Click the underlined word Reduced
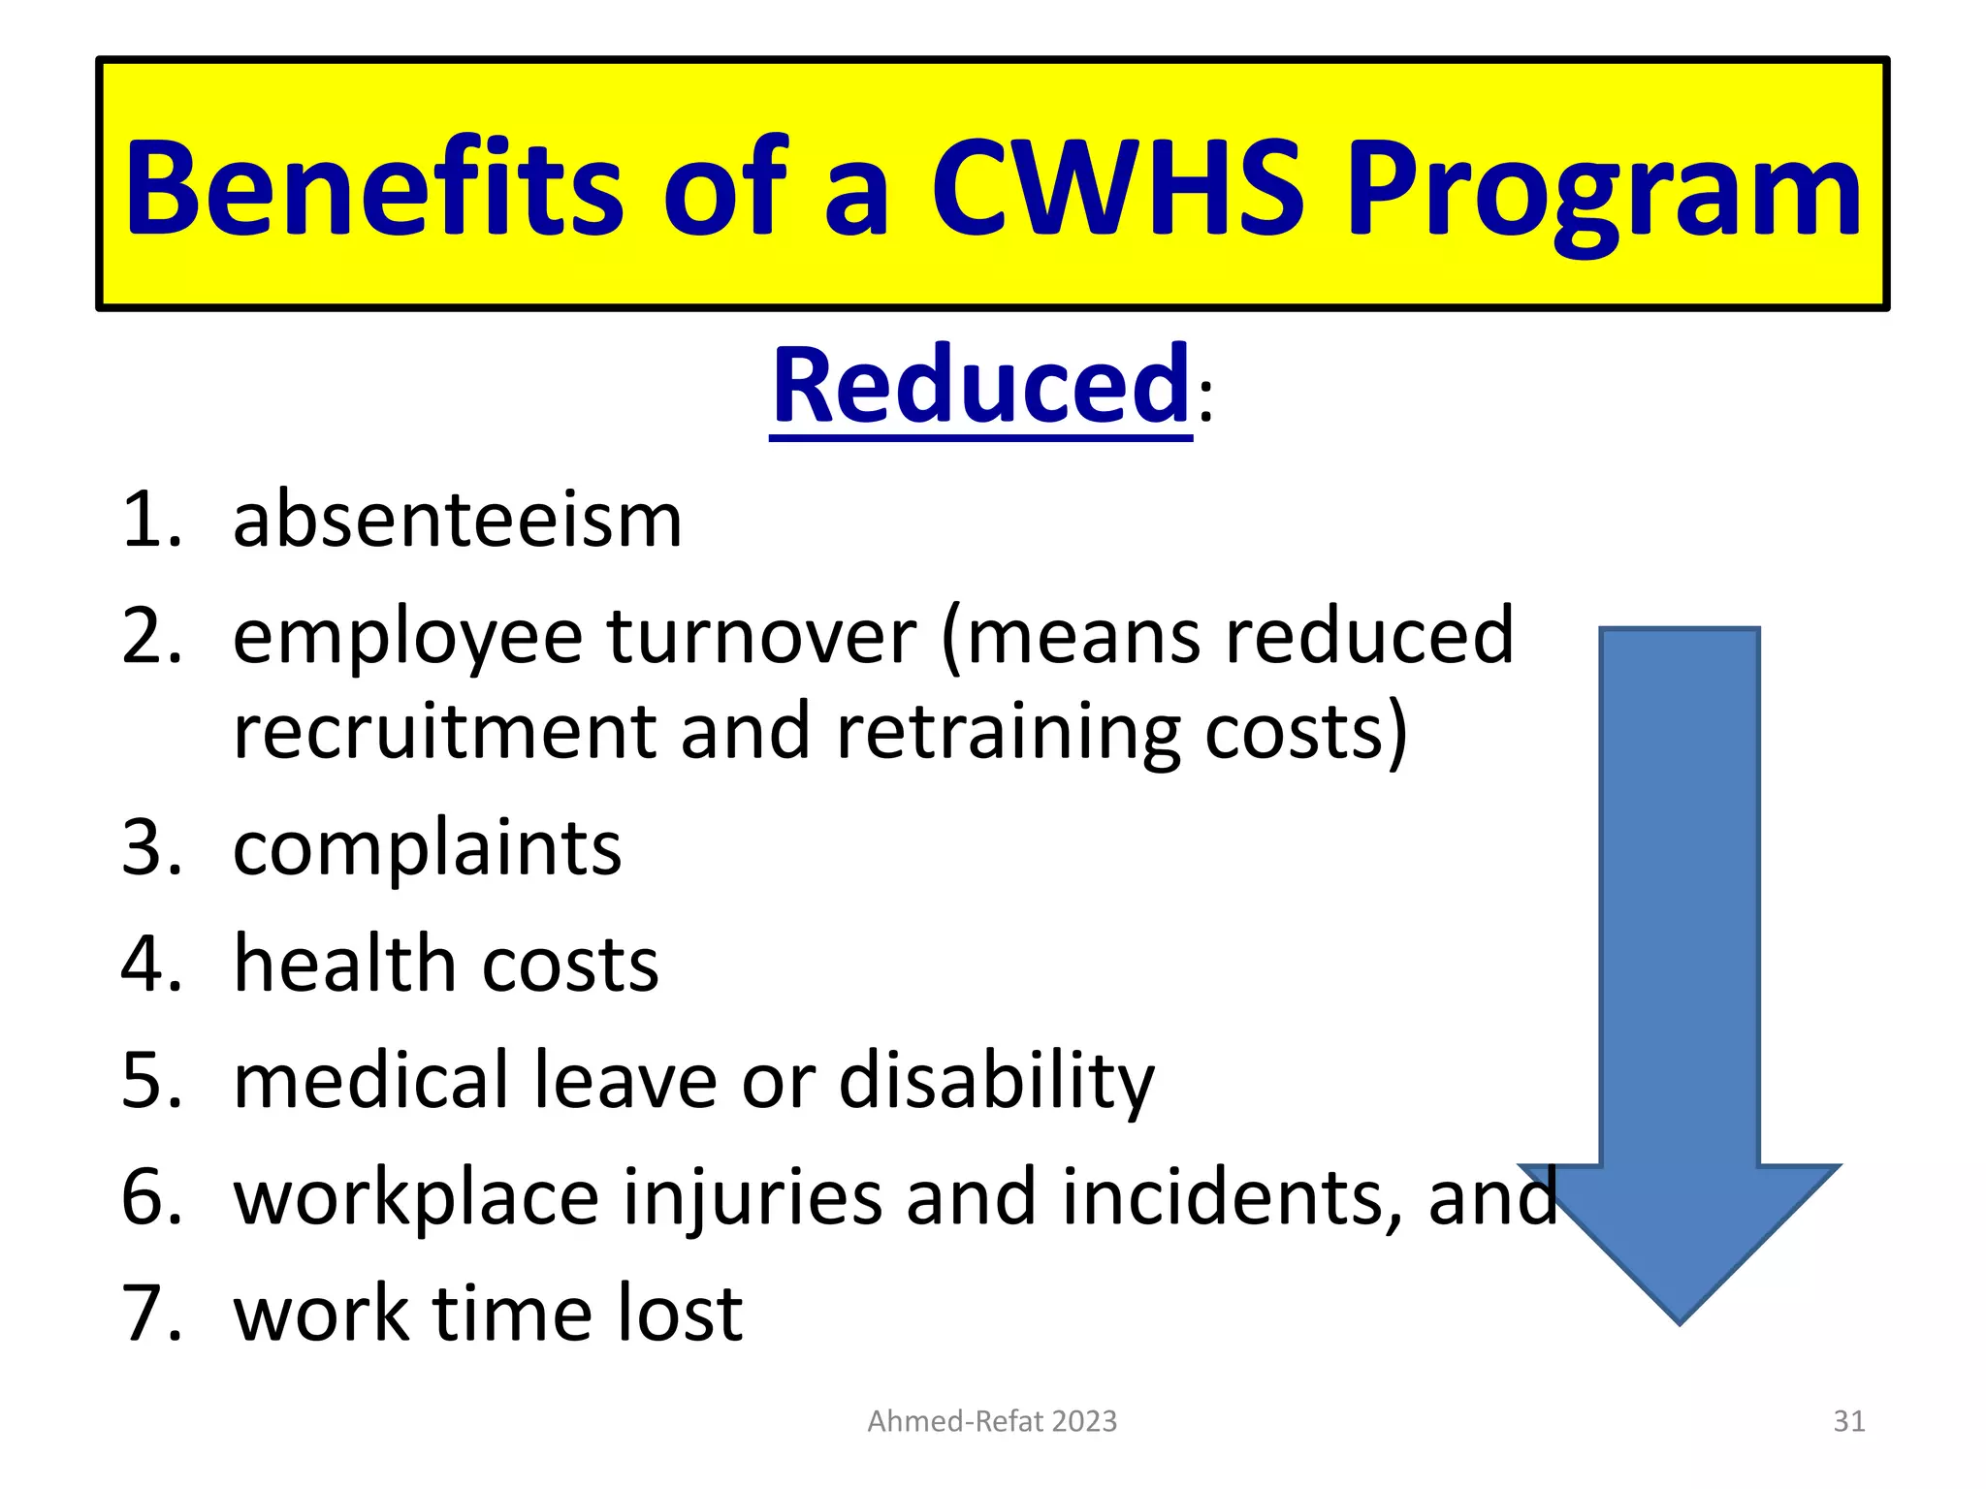[980, 386]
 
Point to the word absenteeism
[458, 521]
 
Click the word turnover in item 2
[761, 637]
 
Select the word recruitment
[445, 732]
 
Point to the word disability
[997, 1082]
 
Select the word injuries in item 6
[753, 1199]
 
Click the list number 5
[150, 1081]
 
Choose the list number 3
[150, 848]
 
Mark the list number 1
[150, 521]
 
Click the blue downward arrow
[1679, 969]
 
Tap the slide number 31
[1848, 1421]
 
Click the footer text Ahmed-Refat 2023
[992, 1421]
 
